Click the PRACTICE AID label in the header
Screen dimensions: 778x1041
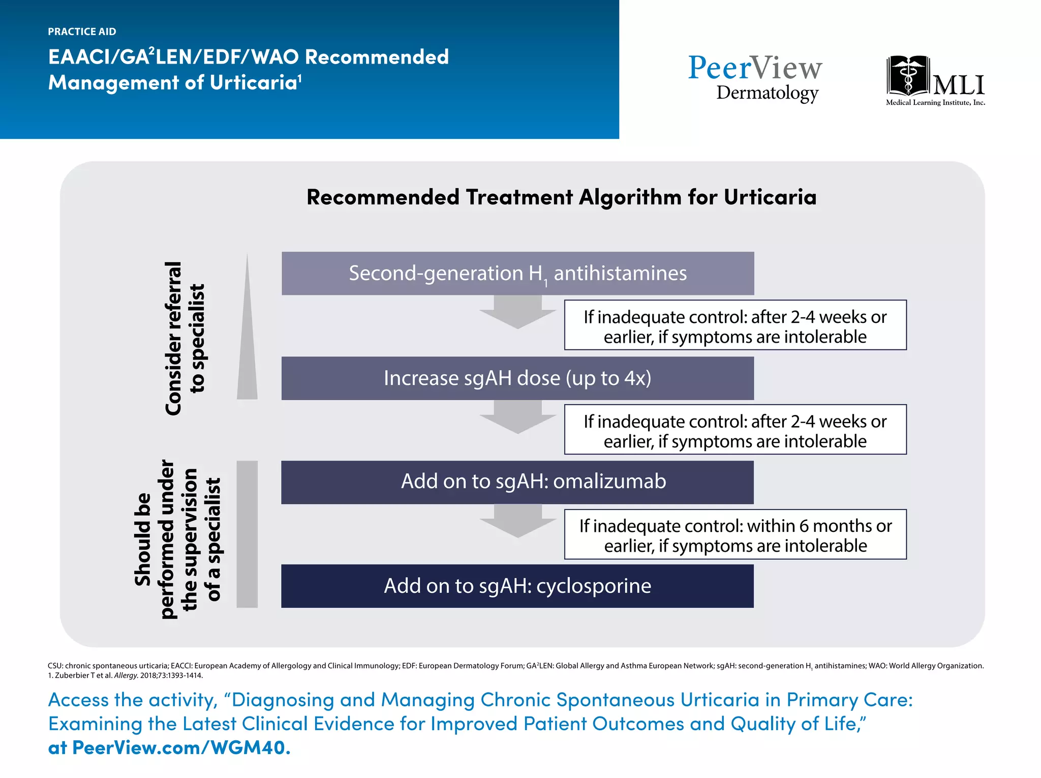(x=82, y=32)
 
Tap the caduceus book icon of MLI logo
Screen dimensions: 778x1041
(x=908, y=76)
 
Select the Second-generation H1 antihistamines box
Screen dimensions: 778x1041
(x=517, y=274)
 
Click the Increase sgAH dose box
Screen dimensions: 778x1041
(x=517, y=378)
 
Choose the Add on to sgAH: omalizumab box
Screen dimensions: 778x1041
(x=517, y=482)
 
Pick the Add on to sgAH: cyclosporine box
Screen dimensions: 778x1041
(x=517, y=586)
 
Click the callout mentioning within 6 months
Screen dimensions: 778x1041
(x=735, y=535)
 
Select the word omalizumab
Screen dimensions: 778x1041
(x=609, y=482)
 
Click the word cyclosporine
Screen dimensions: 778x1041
(x=593, y=586)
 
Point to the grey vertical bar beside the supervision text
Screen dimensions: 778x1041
(x=247, y=534)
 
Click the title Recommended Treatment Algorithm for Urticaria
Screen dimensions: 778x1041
(x=561, y=197)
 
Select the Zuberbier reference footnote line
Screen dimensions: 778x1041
(x=125, y=676)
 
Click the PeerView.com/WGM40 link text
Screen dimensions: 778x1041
(x=181, y=747)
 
